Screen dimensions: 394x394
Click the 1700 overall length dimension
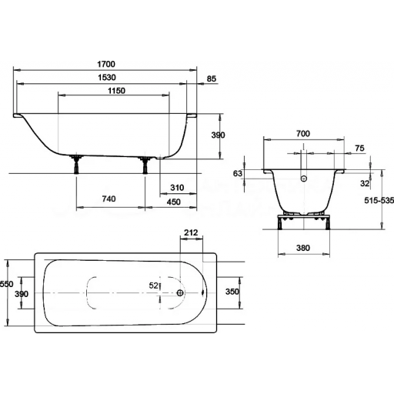[x=106, y=64]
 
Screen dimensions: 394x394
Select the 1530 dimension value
[x=107, y=77]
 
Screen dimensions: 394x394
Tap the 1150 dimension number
[x=116, y=91]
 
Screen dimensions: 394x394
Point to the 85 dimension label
[x=212, y=78]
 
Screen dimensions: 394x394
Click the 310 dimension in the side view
[x=177, y=188]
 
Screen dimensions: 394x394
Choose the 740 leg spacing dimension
[x=109, y=199]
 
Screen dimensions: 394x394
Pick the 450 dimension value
[x=174, y=202]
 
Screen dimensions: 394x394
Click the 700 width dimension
[x=303, y=133]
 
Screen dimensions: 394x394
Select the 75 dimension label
[x=359, y=148]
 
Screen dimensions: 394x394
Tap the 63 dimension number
[x=238, y=173]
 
